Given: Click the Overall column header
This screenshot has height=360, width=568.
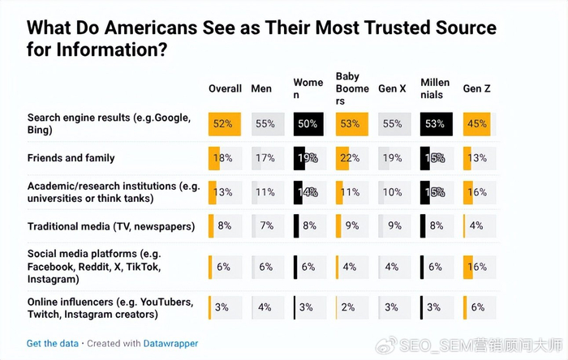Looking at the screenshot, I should coord(225,88).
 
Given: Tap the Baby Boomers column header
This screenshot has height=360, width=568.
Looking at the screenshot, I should coord(351,88).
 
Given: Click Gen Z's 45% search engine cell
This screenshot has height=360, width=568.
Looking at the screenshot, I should coord(476,124).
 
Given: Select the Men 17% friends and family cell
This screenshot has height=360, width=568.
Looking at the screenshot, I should coord(265,158).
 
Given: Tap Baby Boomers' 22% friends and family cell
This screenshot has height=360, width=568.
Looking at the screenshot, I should coord(350,158).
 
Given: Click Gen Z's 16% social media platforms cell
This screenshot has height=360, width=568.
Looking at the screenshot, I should coord(476,267).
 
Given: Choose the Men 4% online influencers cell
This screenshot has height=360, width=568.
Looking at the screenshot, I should coord(265,307).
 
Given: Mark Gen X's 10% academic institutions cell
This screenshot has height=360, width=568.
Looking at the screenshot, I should coord(392,192).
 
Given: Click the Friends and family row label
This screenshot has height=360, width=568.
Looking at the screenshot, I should coord(71,158).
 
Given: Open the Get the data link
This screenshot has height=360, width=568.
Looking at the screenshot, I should coord(51,343).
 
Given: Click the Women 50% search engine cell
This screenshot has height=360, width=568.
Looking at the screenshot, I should coord(308,124).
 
